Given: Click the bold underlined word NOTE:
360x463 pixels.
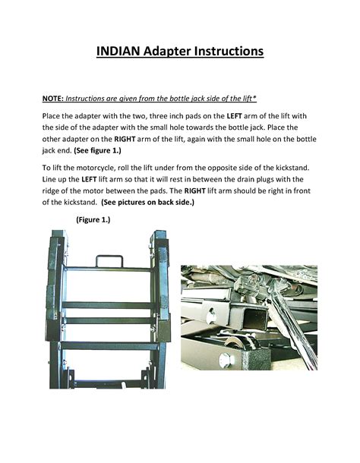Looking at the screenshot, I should click(52, 99).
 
